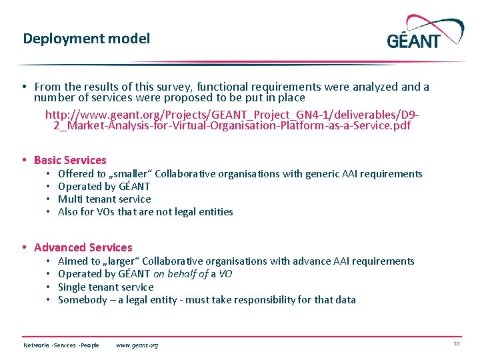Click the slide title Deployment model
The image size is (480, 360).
pyautogui.click(x=86, y=39)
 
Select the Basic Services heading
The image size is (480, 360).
pyautogui.click(x=70, y=160)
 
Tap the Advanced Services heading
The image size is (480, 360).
pyautogui.click(x=83, y=247)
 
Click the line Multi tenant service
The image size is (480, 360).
pyautogui.click(x=105, y=199)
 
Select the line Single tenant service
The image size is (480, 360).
pyautogui.click(x=106, y=287)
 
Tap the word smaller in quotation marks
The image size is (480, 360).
pyautogui.click(x=127, y=174)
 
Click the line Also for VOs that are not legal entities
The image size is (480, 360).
pyautogui.click(x=145, y=212)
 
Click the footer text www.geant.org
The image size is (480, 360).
pyautogui.click(x=137, y=345)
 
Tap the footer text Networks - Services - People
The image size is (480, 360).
pyautogui.click(x=61, y=345)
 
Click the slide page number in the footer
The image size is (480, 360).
pyautogui.click(x=457, y=344)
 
